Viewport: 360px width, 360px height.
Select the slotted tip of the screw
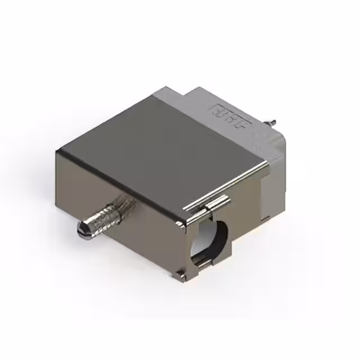83,229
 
